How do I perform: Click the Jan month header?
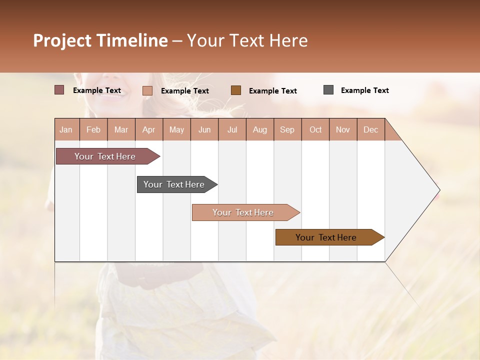[66, 129]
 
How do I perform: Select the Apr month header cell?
[149, 129]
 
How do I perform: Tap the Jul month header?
[232, 129]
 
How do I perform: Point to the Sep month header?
[287, 129]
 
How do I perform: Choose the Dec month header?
[370, 129]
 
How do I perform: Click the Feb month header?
[93, 129]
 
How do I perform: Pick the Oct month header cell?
[315, 129]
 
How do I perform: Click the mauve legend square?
[59, 90]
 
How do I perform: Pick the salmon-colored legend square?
[147, 90]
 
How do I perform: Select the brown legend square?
[236, 90]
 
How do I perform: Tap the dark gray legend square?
[328, 90]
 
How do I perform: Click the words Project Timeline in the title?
[100, 40]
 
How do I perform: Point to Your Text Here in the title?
[247, 40]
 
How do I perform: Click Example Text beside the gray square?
[364, 90]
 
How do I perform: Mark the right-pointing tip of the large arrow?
[438, 190]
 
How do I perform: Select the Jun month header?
[204, 129]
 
